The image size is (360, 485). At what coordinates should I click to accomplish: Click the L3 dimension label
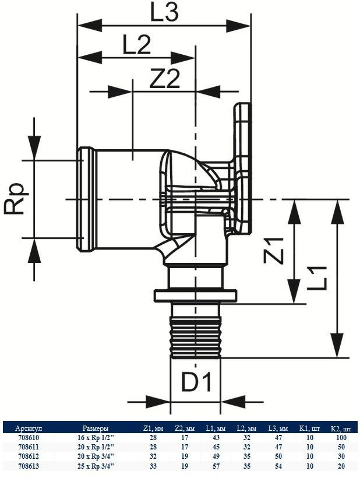[x=165, y=13]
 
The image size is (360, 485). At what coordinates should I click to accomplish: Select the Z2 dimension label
[x=164, y=79]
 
